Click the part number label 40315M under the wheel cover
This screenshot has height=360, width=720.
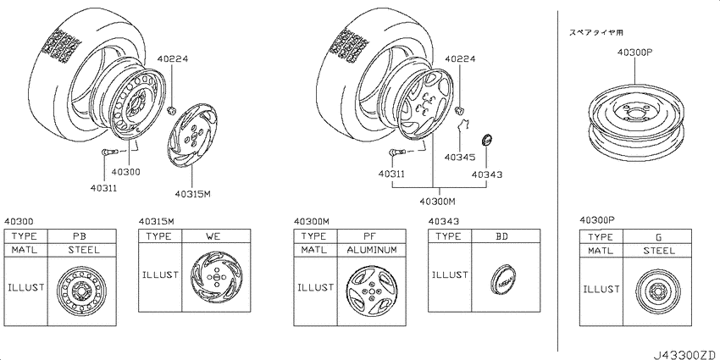192,194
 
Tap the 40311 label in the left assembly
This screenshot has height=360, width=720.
104,187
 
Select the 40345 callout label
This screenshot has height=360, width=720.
460,157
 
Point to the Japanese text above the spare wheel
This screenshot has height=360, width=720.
596,32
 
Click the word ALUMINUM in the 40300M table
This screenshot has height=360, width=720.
372,250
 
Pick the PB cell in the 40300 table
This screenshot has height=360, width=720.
80,236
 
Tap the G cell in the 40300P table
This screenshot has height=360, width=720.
658,237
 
